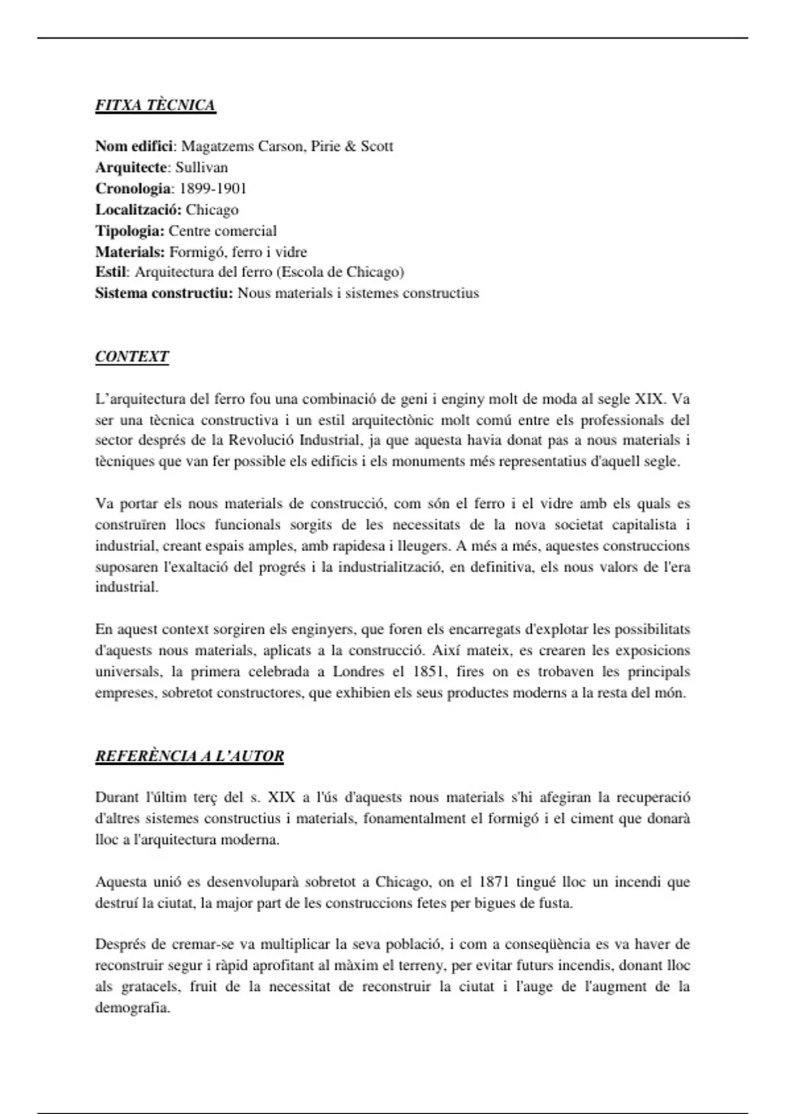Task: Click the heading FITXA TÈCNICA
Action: (155, 106)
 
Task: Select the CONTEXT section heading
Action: (132, 356)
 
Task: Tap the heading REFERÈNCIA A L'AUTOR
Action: (189, 756)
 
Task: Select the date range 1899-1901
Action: (213, 189)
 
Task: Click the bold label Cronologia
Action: (133, 189)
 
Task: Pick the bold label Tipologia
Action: (130, 231)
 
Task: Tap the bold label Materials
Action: (130, 252)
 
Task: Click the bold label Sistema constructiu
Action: (164, 293)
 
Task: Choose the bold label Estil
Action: (111, 272)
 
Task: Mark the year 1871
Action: (495, 882)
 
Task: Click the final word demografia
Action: (132, 1008)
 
